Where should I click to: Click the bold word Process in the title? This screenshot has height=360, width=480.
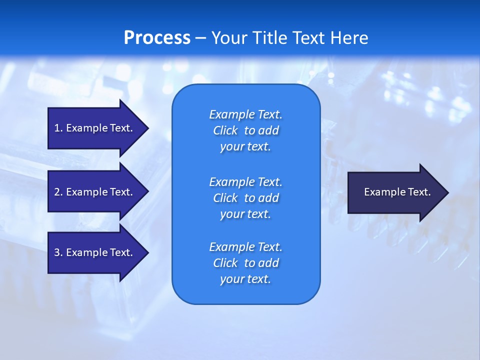(157, 38)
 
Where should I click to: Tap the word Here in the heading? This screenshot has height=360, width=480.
(349, 38)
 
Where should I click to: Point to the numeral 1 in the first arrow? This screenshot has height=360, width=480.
(57, 128)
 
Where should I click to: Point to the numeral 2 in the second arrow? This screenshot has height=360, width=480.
(57, 192)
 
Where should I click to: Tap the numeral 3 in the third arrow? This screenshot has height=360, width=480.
(57, 252)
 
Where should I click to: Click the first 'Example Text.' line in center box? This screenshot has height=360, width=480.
(245, 114)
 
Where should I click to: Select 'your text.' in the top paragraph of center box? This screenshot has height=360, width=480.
(245, 146)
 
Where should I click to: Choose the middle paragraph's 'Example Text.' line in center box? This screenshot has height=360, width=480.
(245, 181)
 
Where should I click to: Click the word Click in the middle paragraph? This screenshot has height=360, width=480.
(225, 198)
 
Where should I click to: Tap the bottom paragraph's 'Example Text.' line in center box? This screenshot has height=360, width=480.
(245, 247)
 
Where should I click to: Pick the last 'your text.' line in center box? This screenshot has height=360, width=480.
(245, 279)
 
